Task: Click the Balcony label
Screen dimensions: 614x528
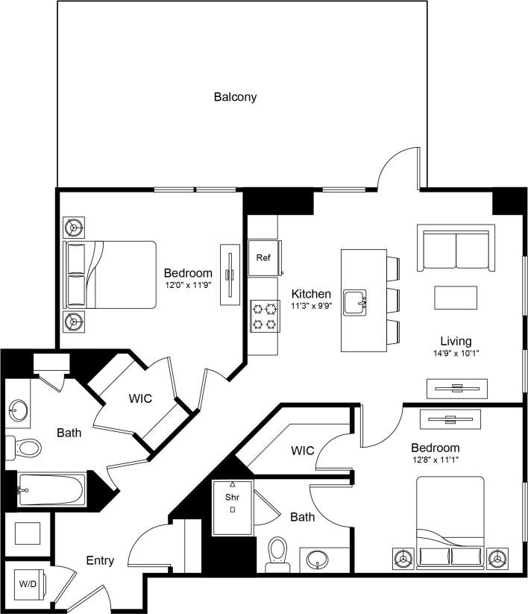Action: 235,96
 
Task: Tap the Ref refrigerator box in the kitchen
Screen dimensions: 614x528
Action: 263,258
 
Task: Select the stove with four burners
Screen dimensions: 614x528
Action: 263,314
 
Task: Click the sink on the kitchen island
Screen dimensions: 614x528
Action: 355,303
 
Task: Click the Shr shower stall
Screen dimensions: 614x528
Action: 232,507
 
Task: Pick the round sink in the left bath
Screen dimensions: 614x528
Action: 19,410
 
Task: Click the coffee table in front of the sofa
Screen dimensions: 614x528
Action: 456,297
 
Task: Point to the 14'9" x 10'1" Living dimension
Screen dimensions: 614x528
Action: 455,354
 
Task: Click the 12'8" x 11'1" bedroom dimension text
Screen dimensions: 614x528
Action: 435,460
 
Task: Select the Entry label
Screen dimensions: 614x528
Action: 100,560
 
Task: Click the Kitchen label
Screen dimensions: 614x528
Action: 311,294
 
